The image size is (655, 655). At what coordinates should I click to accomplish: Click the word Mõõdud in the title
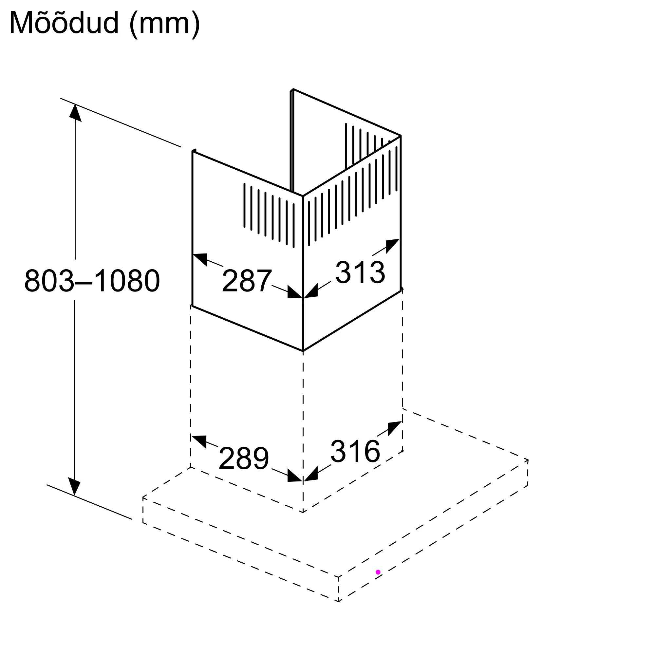[65, 23]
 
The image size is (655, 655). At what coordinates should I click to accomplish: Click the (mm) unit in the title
[165, 25]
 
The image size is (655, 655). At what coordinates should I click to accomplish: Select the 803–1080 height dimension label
[92, 281]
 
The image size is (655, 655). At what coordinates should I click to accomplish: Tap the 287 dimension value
[247, 281]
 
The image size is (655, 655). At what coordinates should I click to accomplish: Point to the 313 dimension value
[360, 272]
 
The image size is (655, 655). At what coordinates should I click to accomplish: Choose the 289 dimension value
[244, 458]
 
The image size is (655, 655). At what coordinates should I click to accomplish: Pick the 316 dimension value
[355, 451]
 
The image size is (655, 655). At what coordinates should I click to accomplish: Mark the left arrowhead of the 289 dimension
[199, 441]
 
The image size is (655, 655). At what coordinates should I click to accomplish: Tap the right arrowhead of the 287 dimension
[294, 292]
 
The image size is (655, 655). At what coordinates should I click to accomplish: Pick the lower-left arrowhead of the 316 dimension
[311, 474]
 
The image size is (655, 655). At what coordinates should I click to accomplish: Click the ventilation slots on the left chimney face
[269, 215]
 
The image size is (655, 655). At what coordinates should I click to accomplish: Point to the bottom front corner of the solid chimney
[303, 351]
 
